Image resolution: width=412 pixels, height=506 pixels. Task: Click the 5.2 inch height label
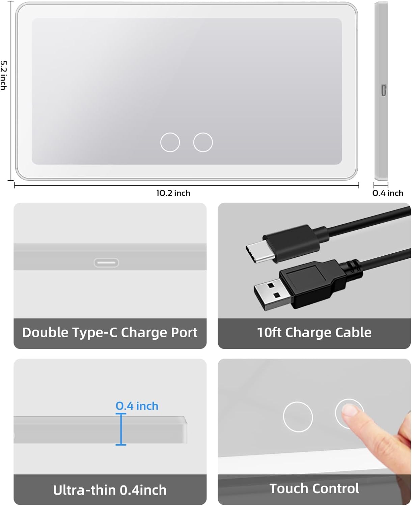4,75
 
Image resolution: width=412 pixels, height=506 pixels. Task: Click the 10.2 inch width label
173,193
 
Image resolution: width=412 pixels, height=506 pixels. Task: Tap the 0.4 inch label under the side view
388,193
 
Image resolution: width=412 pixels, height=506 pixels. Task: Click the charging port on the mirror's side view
384,90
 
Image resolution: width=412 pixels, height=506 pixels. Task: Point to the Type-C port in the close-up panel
106,262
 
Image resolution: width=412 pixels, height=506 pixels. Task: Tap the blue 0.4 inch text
137,406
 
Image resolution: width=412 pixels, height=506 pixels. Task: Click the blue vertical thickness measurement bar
121,429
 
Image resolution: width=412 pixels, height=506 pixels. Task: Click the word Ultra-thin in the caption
84,490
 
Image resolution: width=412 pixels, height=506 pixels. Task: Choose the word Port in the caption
184,332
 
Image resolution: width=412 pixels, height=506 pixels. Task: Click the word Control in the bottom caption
335,488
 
